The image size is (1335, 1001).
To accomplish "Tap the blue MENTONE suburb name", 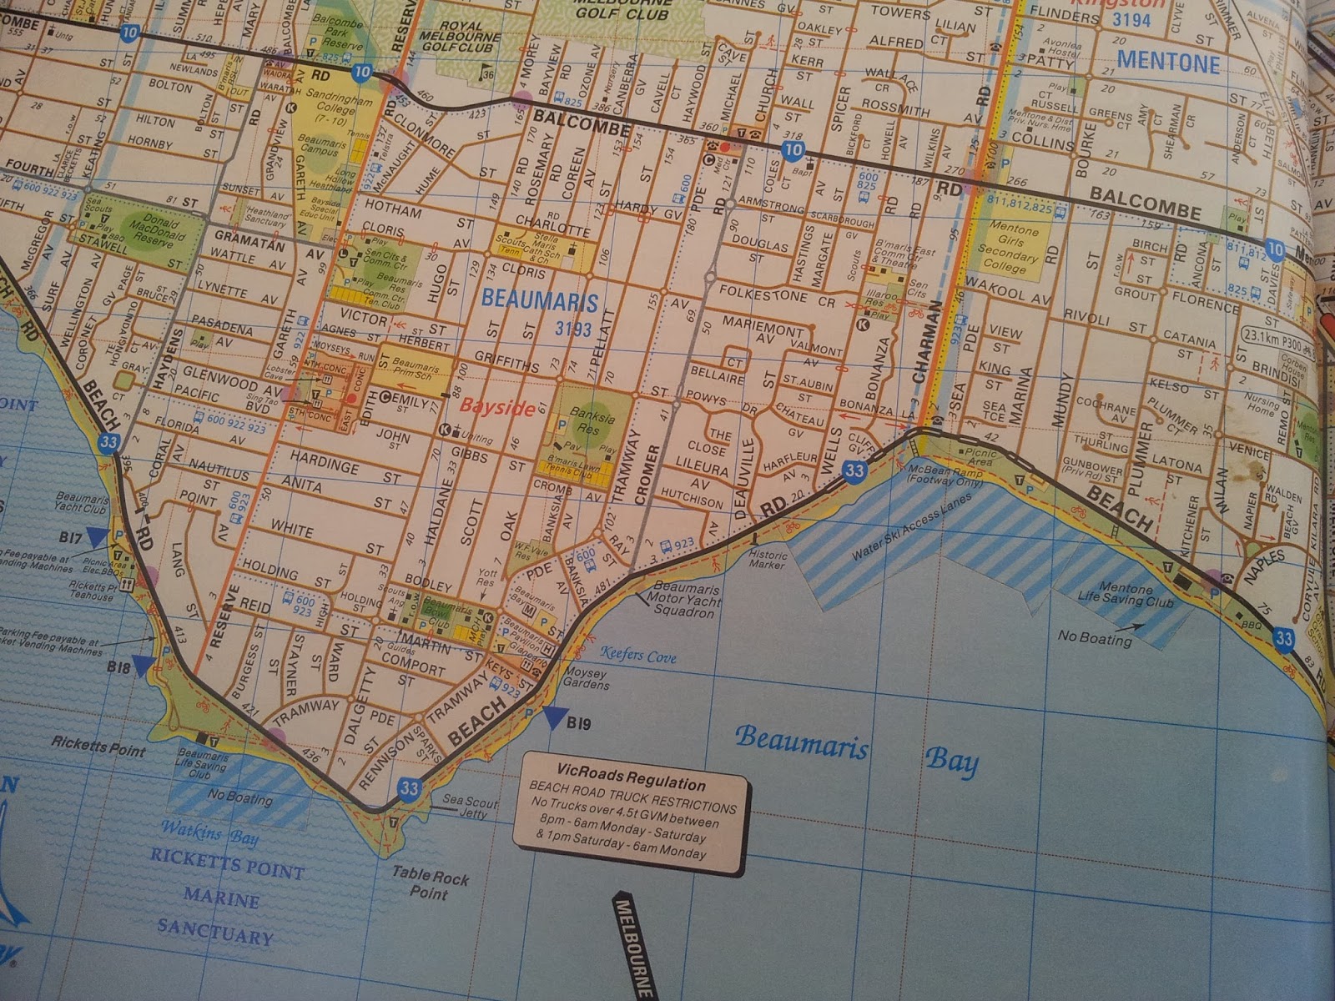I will point(1168,62).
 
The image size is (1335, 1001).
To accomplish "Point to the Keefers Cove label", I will point(638,656).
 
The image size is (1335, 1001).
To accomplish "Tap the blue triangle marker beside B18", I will point(144,665).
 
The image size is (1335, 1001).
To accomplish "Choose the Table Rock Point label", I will point(431,884).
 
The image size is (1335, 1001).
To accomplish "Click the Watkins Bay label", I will point(209,832).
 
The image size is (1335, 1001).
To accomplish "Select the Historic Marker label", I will point(767,560).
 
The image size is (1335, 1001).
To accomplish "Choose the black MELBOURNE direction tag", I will point(633,946).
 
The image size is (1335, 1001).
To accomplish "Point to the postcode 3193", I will point(573,329).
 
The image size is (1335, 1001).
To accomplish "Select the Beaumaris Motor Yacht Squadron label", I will point(684,600).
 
